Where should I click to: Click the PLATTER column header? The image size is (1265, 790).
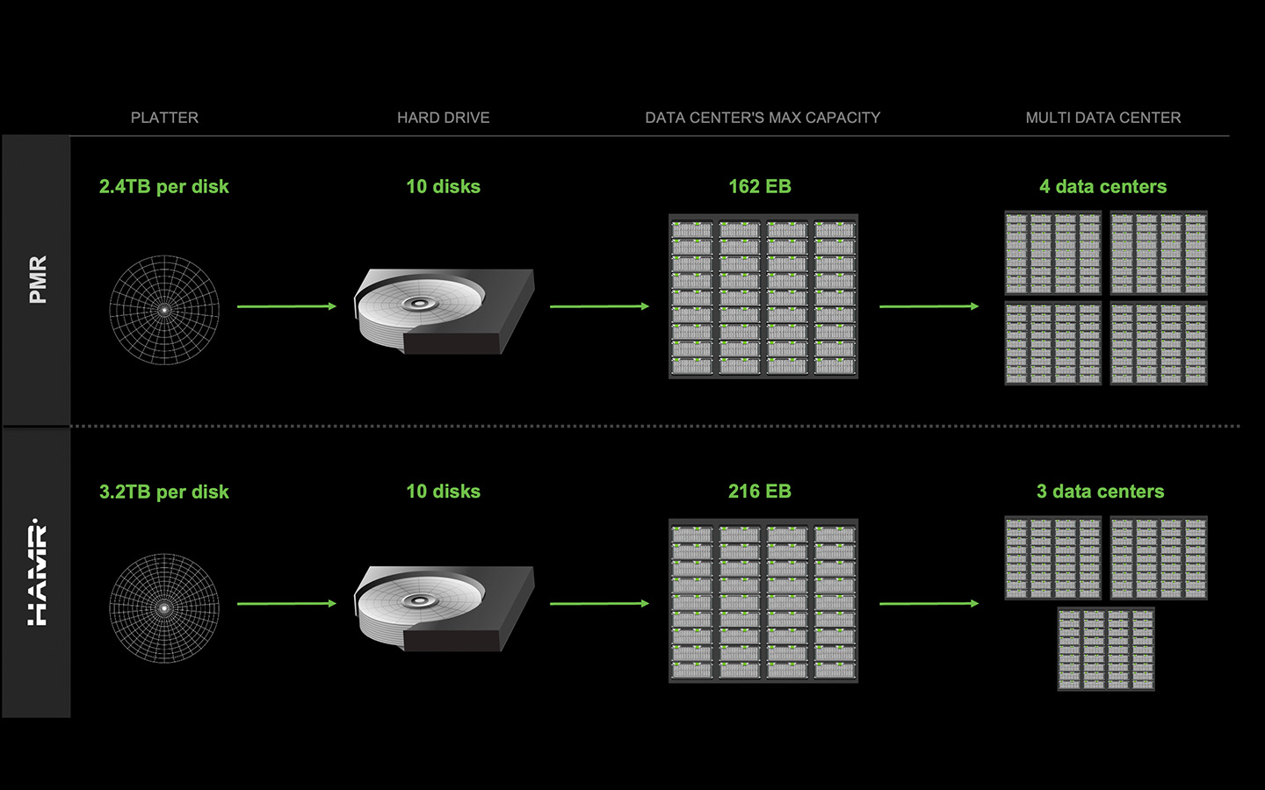(164, 118)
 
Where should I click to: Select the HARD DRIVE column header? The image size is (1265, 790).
(443, 118)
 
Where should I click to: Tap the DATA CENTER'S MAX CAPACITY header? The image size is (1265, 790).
(763, 118)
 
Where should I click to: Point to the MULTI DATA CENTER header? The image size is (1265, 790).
(1102, 118)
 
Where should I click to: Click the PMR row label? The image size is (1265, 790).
(37, 280)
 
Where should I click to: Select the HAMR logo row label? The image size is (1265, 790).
(37, 572)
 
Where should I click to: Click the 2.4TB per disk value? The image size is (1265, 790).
(163, 186)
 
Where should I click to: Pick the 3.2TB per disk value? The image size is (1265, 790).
(163, 492)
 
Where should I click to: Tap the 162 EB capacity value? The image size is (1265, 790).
(759, 186)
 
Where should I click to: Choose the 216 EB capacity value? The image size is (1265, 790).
(759, 492)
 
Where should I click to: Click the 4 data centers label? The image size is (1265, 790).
(1102, 186)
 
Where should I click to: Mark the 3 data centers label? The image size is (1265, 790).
(1100, 492)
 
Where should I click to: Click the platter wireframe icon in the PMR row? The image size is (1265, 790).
(164, 310)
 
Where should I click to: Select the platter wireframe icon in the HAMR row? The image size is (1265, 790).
(164, 607)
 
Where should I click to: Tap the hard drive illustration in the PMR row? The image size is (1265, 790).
(444, 311)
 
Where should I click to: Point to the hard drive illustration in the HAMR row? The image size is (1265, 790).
(444, 607)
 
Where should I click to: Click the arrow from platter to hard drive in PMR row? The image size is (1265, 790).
(286, 306)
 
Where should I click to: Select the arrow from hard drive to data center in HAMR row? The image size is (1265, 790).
(599, 604)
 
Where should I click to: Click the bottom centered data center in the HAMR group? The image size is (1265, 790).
(1106, 650)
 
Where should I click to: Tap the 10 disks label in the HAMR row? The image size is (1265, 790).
(443, 492)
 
